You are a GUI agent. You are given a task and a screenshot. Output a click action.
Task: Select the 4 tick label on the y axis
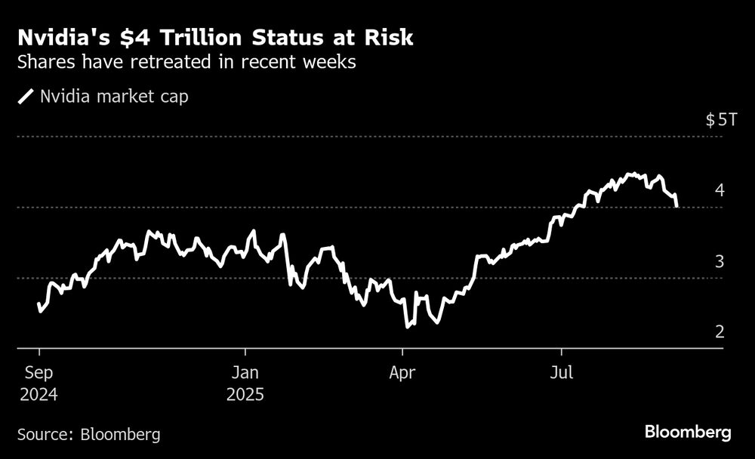click(x=720, y=189)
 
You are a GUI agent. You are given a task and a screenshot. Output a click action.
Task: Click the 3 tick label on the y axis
click(x=720, y=261)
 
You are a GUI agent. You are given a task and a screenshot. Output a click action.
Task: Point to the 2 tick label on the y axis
click(x=720, y=331)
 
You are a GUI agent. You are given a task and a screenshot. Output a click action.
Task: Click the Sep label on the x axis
click(x=39, y=372)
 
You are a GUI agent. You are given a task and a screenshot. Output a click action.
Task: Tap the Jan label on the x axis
click(x=245, y=372)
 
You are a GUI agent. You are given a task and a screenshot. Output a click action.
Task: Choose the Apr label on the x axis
click(x=402, y=372)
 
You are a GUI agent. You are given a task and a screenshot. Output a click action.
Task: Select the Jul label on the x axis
click(x=561, y=372)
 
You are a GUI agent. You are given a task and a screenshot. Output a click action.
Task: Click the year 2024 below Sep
click(x=39, y=393)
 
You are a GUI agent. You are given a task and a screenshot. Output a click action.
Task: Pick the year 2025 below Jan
click(x=245, y=393)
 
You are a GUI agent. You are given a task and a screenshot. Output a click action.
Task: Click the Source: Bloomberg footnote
click(x=88, y=434)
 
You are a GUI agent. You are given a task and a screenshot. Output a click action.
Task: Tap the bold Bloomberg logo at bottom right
click(x=688, y=433)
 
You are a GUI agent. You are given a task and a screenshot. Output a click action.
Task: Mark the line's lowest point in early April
click(x=408, y=327)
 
